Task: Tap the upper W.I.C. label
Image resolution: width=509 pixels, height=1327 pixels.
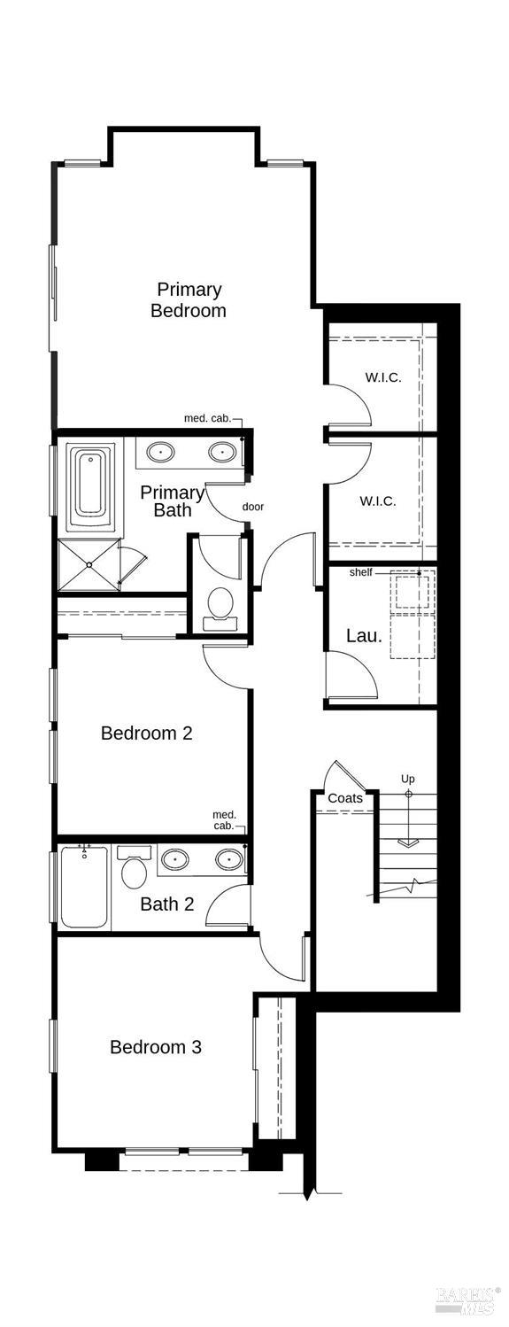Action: [x=382, y=377]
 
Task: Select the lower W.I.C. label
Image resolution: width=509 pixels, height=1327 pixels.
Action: [x=377, y=501]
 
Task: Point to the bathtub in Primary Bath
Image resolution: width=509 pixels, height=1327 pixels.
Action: [x=91, y=484]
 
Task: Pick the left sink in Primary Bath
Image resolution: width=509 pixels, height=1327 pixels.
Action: [x=159, y=453]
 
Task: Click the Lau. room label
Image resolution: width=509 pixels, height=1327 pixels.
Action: [x=364, y=635]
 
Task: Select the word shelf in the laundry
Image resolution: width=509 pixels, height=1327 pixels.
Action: [x=360, y=572]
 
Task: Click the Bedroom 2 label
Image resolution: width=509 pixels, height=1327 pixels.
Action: [x=146, y=733]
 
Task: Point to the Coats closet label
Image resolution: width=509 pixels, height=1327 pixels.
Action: [x=344, y=798]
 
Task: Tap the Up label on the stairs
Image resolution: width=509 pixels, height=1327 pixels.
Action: [x=407, y=779]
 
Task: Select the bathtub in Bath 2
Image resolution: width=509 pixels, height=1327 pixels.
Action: [x=85, y=887]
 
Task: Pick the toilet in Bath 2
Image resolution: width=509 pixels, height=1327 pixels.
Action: [x=134, y=869]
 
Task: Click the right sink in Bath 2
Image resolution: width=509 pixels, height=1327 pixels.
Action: [x=229, y=859]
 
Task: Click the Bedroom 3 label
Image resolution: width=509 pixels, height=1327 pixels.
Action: [x=156, y=1047]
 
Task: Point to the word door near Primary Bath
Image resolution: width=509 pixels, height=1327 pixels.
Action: [x=253, y=507]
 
